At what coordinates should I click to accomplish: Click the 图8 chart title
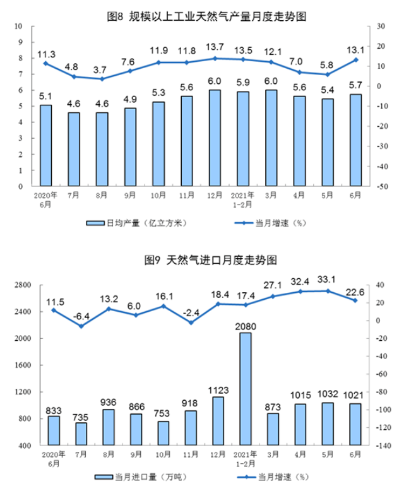click(x=207, y=17)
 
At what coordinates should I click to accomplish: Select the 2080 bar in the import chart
click(x=244, y=389)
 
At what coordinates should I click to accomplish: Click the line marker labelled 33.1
click(x=327, y=291)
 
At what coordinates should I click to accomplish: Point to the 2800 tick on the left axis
click(x=23, y=285)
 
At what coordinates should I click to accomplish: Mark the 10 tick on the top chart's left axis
click(x=19, y=26)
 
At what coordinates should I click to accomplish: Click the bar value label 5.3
click(x=160, y=93)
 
